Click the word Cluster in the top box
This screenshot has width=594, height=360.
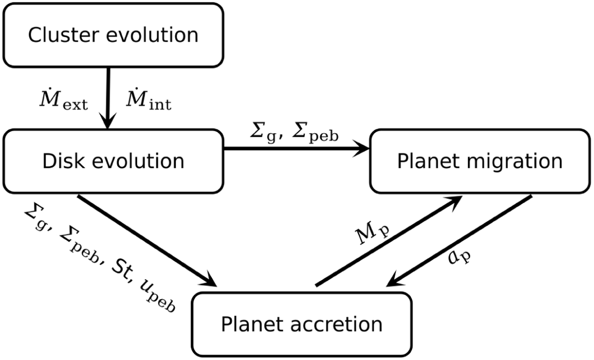[64, 35]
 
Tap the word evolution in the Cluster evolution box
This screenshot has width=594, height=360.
[152, 35]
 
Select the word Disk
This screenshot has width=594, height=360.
[64, 161]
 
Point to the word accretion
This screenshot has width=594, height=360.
[337, 325]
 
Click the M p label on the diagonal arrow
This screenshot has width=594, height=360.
[372, 233]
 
